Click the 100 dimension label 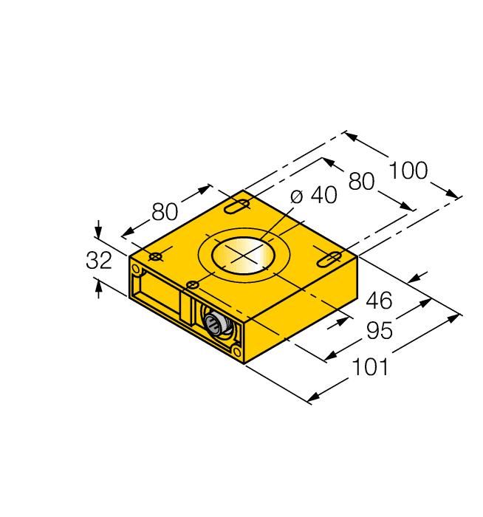click(408, 171)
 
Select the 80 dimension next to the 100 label click(361, 181)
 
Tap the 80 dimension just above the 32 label click(165, 212)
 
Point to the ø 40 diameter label click(313, 196)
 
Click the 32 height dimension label click(99, 261)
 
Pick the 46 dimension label click(380, 301)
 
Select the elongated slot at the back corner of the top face click(238, 206)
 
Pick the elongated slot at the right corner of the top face click(329, 258)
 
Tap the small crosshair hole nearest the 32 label click(156, 256)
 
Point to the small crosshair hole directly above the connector click(193, 285)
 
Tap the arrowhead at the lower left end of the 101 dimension click(314, 398)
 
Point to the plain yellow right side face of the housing click(303, 310)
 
